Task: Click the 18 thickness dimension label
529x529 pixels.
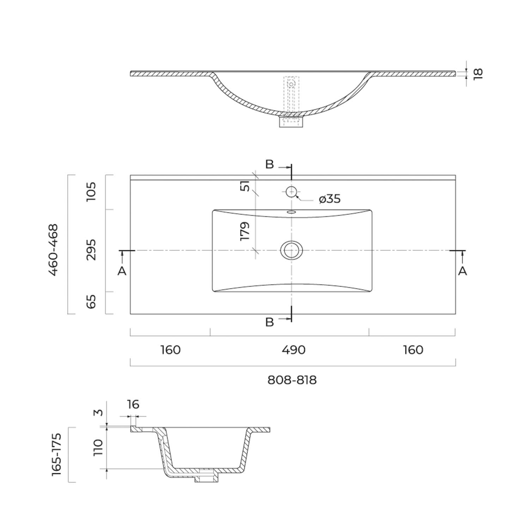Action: (478, 74)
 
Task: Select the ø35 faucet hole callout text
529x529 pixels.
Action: (330, 199)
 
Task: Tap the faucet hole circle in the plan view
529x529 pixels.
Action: (291, 192)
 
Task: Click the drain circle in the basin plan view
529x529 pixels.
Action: (291, 250)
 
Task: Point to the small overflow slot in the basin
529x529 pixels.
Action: (291, 212)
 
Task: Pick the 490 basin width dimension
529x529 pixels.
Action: (294, 350)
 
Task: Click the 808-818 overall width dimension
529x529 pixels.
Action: (292, 380)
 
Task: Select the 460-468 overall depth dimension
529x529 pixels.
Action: (53, 249)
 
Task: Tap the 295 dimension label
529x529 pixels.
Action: (91, 250)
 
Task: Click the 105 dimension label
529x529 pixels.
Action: (91, 191)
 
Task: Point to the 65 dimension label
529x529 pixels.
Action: (91, 302)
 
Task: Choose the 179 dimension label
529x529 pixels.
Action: (244, 231)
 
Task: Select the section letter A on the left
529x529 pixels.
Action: (122, 271)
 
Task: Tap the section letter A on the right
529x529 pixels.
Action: (462, 271)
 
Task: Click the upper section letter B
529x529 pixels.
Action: (269, 164)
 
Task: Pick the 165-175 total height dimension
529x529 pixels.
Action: (57, 455)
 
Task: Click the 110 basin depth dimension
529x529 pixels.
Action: (98, 448)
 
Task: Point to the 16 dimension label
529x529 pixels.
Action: (133, 404)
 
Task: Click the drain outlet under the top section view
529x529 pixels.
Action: (291, 122)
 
